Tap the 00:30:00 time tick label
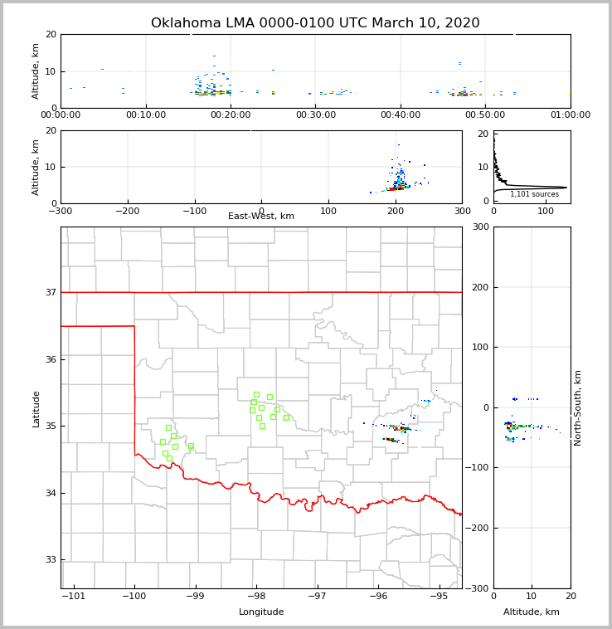pos(316,115)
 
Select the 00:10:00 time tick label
pos(146,115)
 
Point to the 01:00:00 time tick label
pos(571,115)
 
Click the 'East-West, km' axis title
pos(261,217)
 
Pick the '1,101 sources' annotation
pos(534,194)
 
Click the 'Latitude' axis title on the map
pos(36,408)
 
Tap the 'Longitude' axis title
pos(261,612)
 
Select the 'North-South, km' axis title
pos(578,407)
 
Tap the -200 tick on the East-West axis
pos(126,211)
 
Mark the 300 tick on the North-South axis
pos(479,227)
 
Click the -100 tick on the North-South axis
pos(475,468)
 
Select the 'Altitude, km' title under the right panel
pos(532,612)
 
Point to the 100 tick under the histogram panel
pos(546,211)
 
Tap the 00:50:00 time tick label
pos(485,115)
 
